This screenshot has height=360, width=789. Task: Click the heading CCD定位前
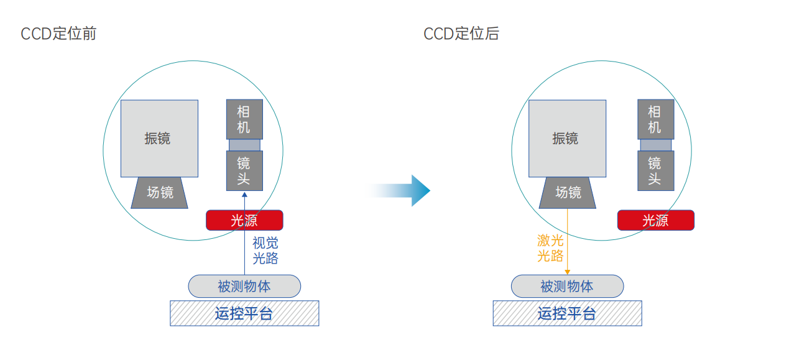pos(58,34)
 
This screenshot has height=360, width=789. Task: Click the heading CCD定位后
pos(461,34)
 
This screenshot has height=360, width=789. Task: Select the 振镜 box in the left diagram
pos(159,138)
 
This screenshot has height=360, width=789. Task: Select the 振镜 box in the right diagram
pos(567,138)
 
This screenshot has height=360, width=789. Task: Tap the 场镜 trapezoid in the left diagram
pos(160,193)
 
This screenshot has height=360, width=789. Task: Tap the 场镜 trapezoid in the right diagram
pos(568,193)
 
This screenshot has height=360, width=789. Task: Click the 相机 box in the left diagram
pos(244,119)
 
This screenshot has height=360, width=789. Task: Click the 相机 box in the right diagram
pos(655,119)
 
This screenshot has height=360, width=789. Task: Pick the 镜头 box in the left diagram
pos(244,171)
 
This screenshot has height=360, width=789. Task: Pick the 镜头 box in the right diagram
pos(655,171)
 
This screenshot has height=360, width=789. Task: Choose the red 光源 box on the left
pos(244,220)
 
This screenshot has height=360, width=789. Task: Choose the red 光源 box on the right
pos(655,220)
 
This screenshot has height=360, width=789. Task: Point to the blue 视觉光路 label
pos(265,251)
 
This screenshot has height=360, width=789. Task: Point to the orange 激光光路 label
pos(550,248)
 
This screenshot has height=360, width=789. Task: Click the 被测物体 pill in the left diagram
pos(244,286)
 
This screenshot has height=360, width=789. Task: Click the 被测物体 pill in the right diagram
pos(567,286)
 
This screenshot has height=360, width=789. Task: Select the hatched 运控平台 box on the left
pos(244,313)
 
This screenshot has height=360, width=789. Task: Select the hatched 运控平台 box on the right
pos(567,313)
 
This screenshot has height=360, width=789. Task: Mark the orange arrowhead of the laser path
pos(567,272)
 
